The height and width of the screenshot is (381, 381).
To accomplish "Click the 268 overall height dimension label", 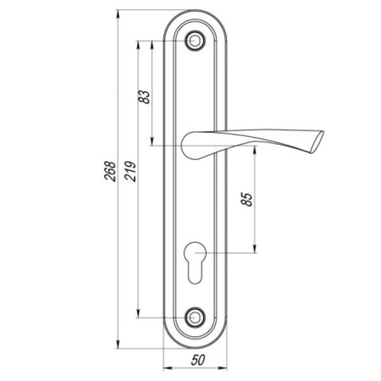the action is [110, 171].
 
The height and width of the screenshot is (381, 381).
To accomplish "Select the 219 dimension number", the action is [130, 171].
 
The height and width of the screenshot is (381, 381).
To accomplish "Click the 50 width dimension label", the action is [198, 360].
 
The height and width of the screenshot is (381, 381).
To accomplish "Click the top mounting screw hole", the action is [195, 41].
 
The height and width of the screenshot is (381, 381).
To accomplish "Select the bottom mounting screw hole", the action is [195, 317].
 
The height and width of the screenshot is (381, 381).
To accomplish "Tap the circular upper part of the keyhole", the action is [195, 251].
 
